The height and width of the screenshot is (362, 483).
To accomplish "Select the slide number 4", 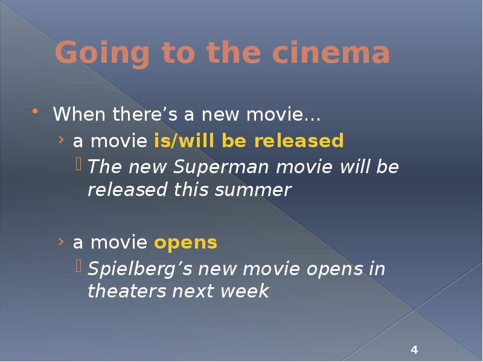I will pyautogui.click(x=414, y=350).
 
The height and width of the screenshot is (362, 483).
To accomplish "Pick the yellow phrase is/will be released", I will pyautogui.click(x=249, y=141).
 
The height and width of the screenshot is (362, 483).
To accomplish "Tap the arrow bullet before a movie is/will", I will pyautogui.click(x=62, y=141).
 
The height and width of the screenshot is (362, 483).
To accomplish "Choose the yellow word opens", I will pyautogui.click(x=185, y=243).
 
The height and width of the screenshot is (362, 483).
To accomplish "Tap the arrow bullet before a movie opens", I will pyautogui.click(x=62, y=243).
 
